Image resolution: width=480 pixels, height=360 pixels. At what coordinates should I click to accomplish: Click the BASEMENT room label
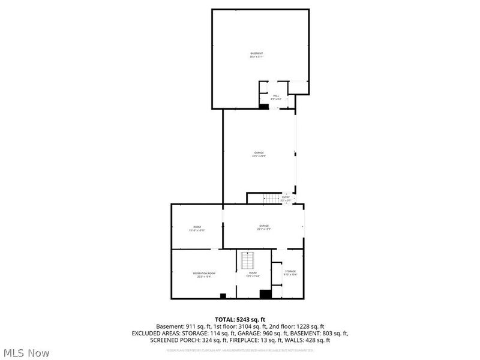(x=257, y=55)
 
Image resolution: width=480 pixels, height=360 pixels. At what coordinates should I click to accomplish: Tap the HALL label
(x=277, y=97)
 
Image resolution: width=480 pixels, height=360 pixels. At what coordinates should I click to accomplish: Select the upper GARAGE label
(x=259, y=154)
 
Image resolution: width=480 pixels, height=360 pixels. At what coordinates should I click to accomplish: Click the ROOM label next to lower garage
(x=197, y=229)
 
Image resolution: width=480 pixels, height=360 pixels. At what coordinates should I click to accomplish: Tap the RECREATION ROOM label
(x=204, y=274)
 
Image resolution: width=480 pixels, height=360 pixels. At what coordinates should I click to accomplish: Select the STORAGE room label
(x=290, y=273)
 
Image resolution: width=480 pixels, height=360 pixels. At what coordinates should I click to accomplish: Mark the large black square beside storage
(x=265, y=294)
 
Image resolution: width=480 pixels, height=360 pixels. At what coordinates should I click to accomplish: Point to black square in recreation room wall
(x=223, y=296)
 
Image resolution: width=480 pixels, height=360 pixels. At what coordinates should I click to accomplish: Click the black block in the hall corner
(x=264, y=106)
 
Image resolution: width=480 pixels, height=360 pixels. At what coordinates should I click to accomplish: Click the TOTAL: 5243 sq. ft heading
(x=240, y=319)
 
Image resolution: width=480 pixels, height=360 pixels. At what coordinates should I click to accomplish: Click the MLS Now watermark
(x=26, y=353)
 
